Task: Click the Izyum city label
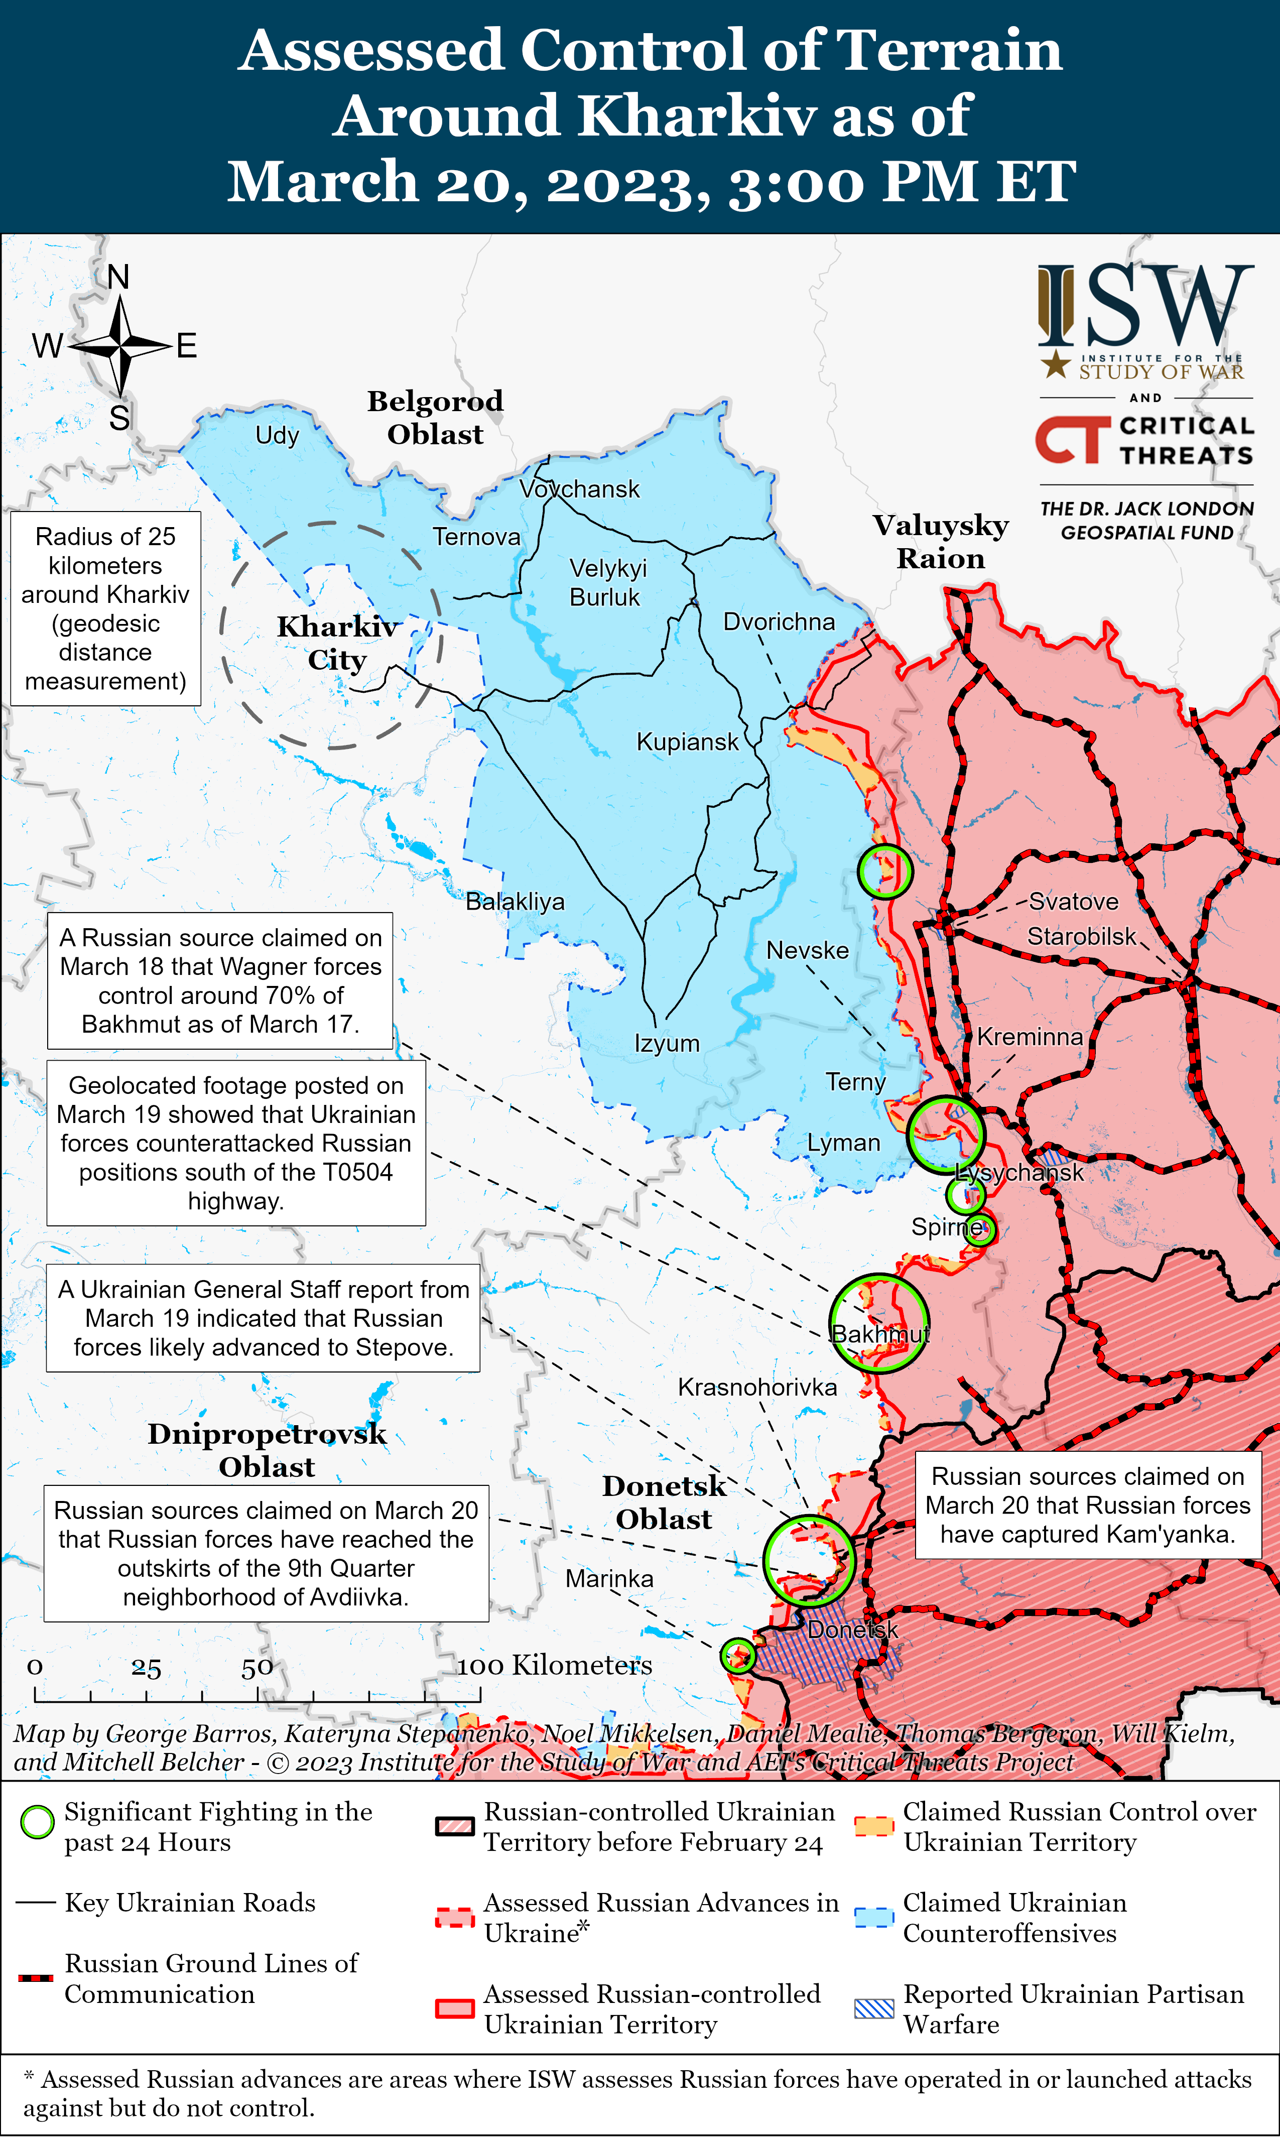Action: tap(667, 1044)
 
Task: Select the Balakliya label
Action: tap(515, 902)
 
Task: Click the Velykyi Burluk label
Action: tap(607, 582)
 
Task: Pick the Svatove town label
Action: tap(1073, 902)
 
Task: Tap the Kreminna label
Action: tap(1030, 1037)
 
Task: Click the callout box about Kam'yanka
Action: tap(1088, 1505)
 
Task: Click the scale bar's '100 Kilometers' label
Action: tap(555, 1665)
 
